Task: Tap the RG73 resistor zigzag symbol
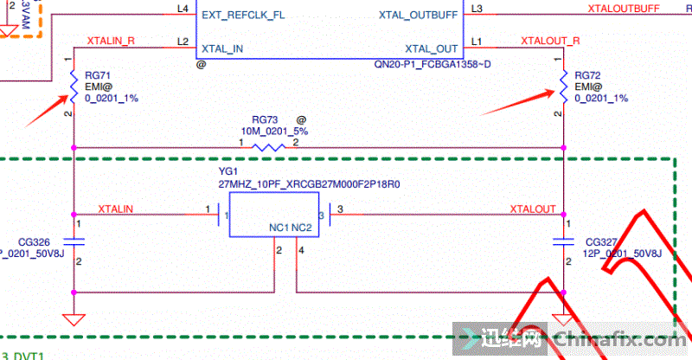coord(268,147)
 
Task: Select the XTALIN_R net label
coord(111,41)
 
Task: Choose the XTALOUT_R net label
coord(551,41)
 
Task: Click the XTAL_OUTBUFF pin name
coord(417,15)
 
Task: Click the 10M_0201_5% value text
coord(273,131)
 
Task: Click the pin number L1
coord(478,41)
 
